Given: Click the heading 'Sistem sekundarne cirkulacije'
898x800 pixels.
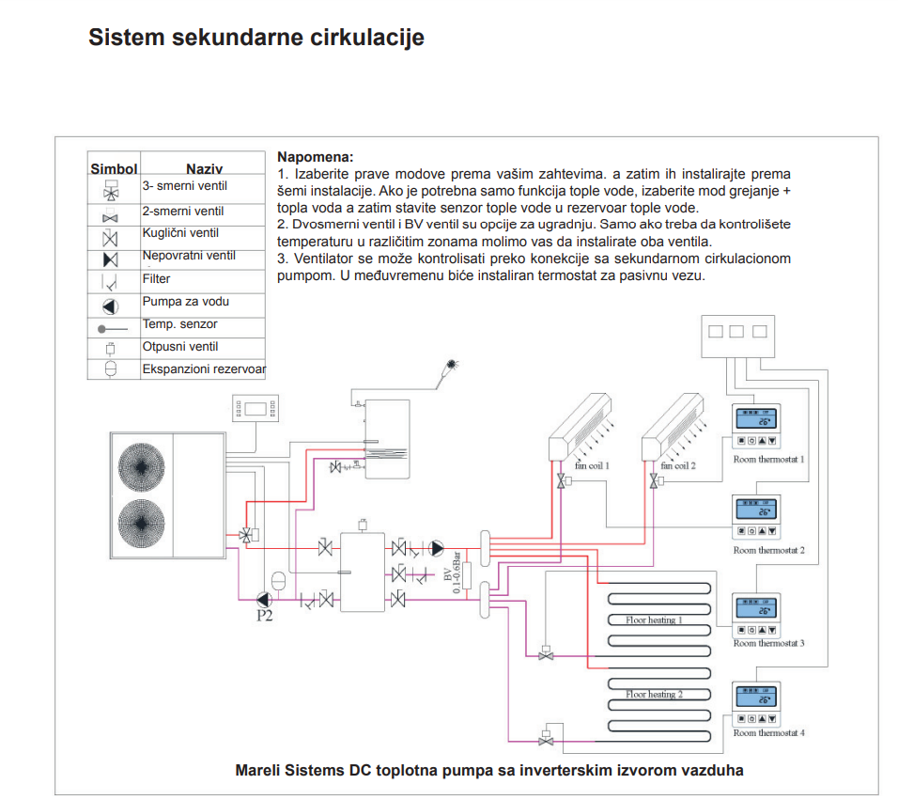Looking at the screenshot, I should tap(255, 38).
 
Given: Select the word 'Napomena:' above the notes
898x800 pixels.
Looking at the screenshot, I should tap(316, 157).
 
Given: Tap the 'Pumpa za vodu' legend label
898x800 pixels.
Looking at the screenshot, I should tap(186, 302).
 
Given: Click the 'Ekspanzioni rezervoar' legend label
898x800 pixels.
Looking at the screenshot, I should tap(204, 369).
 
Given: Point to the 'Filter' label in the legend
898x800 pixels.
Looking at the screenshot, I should tap(157, 279).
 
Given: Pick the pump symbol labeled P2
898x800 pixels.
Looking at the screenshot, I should tap(264, 599).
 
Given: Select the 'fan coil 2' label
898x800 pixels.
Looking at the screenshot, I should tap(678, 465).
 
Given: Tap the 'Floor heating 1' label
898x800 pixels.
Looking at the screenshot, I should tap(654, 620).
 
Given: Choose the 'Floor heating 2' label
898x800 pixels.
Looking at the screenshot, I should tap(654, 694).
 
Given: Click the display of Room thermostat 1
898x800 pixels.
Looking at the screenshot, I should tap(756, 419).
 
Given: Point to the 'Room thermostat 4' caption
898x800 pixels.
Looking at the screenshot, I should tap(768, 732).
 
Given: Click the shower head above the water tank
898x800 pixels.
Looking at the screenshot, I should tap(453, 362).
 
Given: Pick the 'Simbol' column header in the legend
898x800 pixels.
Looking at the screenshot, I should tap(114, 169).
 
